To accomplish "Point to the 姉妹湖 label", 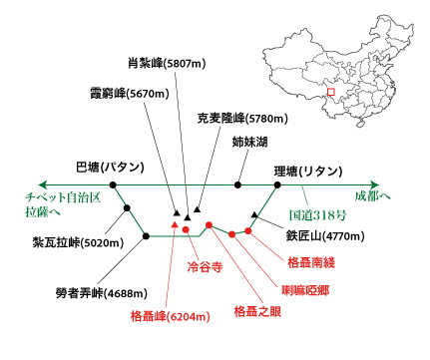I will click(x=249, y=143).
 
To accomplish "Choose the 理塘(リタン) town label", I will click(x=307, y=172).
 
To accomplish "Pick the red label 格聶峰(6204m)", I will click(x=171, y=317).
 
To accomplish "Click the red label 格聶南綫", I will click(x=313, y=263).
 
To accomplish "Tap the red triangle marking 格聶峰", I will click(x=175, y=225).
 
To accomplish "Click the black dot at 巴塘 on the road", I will click(x=113, y=184).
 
